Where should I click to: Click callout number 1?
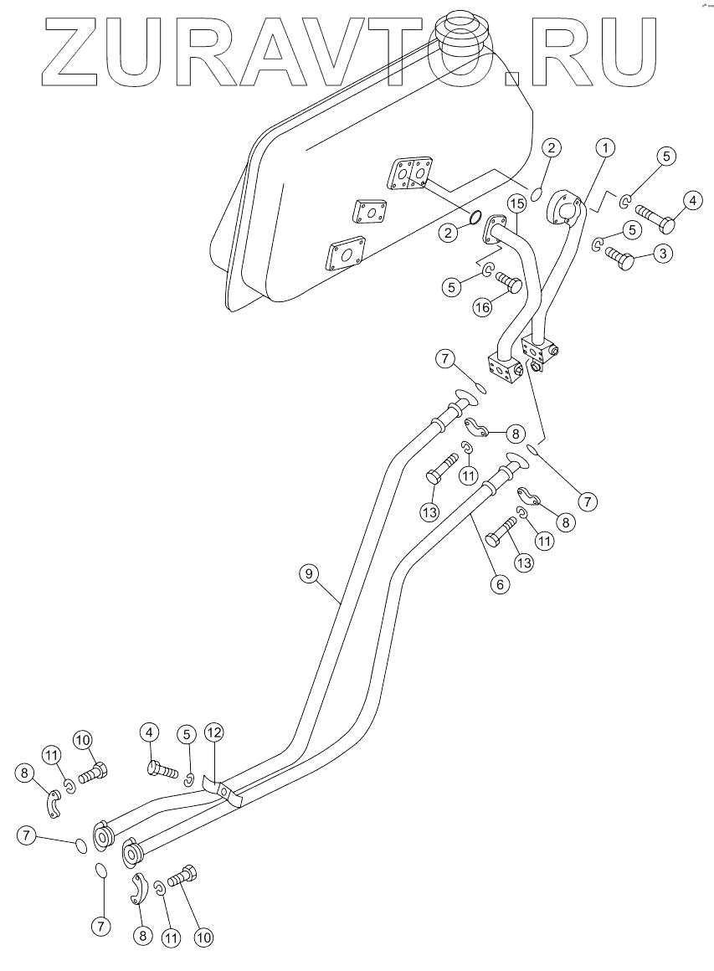tap(605, 147)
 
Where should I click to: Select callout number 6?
tap(499, 584)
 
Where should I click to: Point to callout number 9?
tap(309, 573)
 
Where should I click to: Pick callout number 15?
tap(515, 203)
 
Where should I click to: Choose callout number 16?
tap(482, 307)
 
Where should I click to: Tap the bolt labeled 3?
tap(619, 257)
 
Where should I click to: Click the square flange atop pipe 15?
tap(498, 229)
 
